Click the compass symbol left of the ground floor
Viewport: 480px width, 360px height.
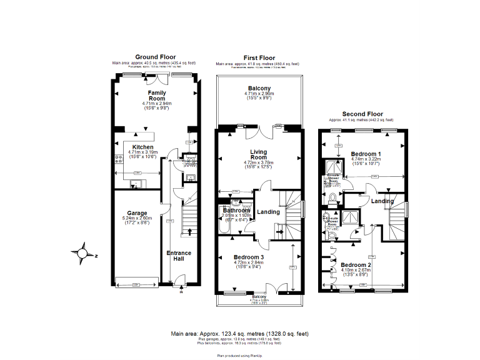[82, 253]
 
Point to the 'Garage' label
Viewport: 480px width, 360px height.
[137, 212]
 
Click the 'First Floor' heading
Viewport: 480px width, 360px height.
[259, 58]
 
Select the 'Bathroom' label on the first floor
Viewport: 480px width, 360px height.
[236, 211]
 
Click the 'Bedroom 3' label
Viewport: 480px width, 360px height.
[249, 257]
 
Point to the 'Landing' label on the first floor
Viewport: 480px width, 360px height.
[269, 212]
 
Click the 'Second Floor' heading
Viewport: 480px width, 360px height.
[361, 114]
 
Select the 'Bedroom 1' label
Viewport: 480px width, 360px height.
[366, 154]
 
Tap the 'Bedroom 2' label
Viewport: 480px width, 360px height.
[356, 265]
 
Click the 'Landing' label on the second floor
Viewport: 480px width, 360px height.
[382, 201]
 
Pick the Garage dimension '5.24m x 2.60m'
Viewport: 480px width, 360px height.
[137, 218]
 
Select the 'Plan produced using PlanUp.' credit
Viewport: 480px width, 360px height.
[240, 355]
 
